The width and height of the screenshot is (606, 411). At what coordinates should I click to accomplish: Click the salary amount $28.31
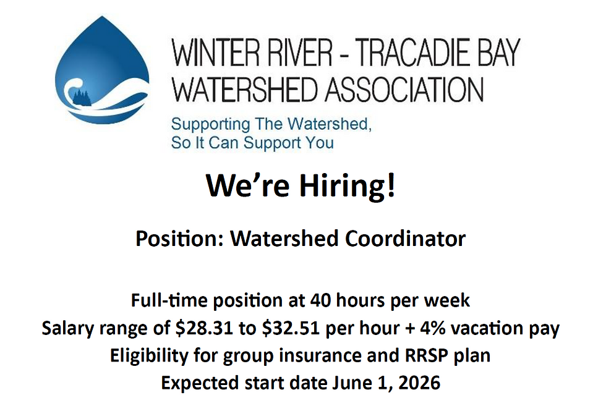click(x=203, y=328)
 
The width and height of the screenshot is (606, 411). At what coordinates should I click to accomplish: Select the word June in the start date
click(x=349, y=383)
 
